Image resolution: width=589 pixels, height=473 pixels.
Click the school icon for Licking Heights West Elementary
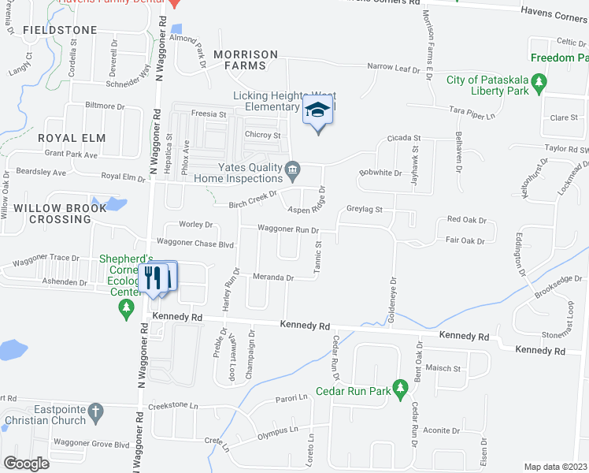pyautogui.click(x=318, y=110)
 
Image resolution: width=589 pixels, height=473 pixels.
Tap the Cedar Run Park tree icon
pyautogui.click(x=401, y=389)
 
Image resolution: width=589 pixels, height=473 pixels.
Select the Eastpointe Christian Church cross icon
pyautogui.click(x=95, y=411)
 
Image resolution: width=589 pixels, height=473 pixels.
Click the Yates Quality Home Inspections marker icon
pyautogui.click(x=291, y=168)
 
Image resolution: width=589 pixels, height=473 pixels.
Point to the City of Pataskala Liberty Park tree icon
pyautogui.click(x=539, y=81)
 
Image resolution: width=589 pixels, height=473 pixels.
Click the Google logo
pyautogui.click(x=27, y=463)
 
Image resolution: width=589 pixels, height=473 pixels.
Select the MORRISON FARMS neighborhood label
pyautogui.click(x=244, y=60)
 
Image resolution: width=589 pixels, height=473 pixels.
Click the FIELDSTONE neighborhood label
pyautogui.click(x=60, y=30)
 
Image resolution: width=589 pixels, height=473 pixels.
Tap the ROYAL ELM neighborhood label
pyautogui.click(x=71, y=138)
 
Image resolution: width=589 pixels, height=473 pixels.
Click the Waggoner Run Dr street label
pyautogui.click(x=289, y=230)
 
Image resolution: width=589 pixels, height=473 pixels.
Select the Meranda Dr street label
pyautogui.click(x=272, y=277)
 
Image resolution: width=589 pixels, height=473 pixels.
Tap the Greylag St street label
pyautogui.click(x=364, y=210)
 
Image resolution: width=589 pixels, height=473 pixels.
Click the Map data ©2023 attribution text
pyautogui.click(x=555, y=467)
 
